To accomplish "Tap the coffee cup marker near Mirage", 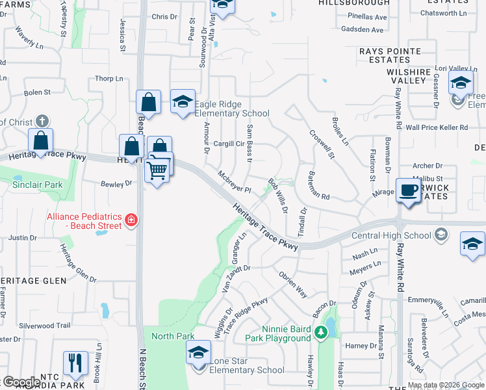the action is [408, 190].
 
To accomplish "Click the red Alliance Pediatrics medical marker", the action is [132, 220].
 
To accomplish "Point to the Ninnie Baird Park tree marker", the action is [320, 333].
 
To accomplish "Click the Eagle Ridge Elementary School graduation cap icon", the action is [183, 101].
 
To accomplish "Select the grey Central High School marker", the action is [441, 235].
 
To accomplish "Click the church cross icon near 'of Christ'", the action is [42, 121].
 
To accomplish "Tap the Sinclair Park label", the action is [38, 185].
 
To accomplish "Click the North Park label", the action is [173, 336].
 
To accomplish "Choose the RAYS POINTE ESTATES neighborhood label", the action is [390, 55].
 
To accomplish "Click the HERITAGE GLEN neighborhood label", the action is [34, 279].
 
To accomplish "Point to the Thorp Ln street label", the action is [109, 79].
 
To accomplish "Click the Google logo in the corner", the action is [21, 382].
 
